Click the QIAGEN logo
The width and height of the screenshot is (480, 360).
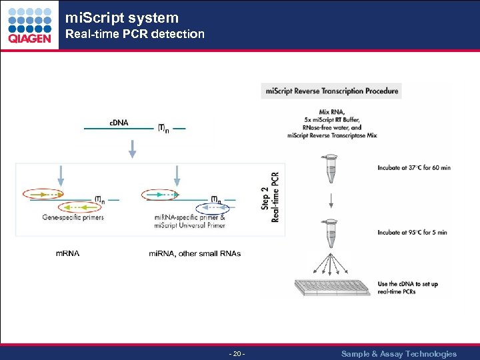[x=29, y=25]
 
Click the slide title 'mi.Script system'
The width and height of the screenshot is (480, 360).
[x=122, y=18]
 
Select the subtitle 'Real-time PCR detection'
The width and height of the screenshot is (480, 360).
[x=134, y=34]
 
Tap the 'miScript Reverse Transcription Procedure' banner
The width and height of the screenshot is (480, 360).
[x=331, y=91]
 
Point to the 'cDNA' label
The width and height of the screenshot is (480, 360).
[x=119, y=123]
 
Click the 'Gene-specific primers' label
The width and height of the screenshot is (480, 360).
[x=73, y=217]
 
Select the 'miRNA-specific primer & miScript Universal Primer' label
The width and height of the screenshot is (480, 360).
[x=189, y=221]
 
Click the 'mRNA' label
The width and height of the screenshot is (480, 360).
[x=67, y=253]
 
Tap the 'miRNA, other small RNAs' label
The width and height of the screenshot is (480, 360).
[x=195, y=253]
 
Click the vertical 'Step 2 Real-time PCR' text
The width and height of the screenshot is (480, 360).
[x=270, y=197]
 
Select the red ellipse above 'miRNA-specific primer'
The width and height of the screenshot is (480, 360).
[x=161, y=195]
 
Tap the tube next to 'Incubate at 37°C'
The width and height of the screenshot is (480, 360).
[x=331, y=169]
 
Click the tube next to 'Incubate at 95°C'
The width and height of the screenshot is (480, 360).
[x=331, y=233]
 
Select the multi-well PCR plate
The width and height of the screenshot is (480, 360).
[x=331, y=286]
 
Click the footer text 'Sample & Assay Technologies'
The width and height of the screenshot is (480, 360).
[x=399, y=354]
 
